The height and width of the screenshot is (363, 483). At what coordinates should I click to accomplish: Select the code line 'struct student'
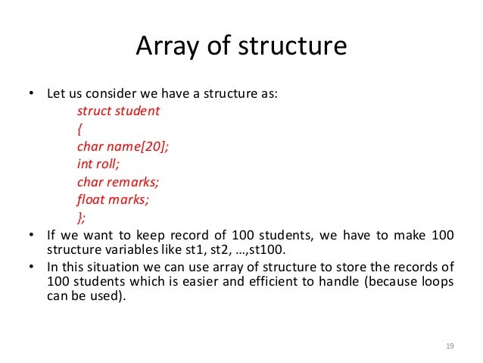coord(118,111)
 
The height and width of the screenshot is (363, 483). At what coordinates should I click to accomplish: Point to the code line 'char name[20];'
coord(123,147)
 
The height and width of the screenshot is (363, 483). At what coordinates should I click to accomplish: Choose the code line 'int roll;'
coord(98,164)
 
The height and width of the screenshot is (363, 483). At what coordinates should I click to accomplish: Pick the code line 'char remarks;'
coord(118,183)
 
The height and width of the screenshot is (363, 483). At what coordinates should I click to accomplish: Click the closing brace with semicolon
coord(82,218)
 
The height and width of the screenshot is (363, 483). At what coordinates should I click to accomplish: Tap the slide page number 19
coord(449,346)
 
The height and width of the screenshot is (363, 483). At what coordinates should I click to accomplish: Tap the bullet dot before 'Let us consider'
coord(31,95)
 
